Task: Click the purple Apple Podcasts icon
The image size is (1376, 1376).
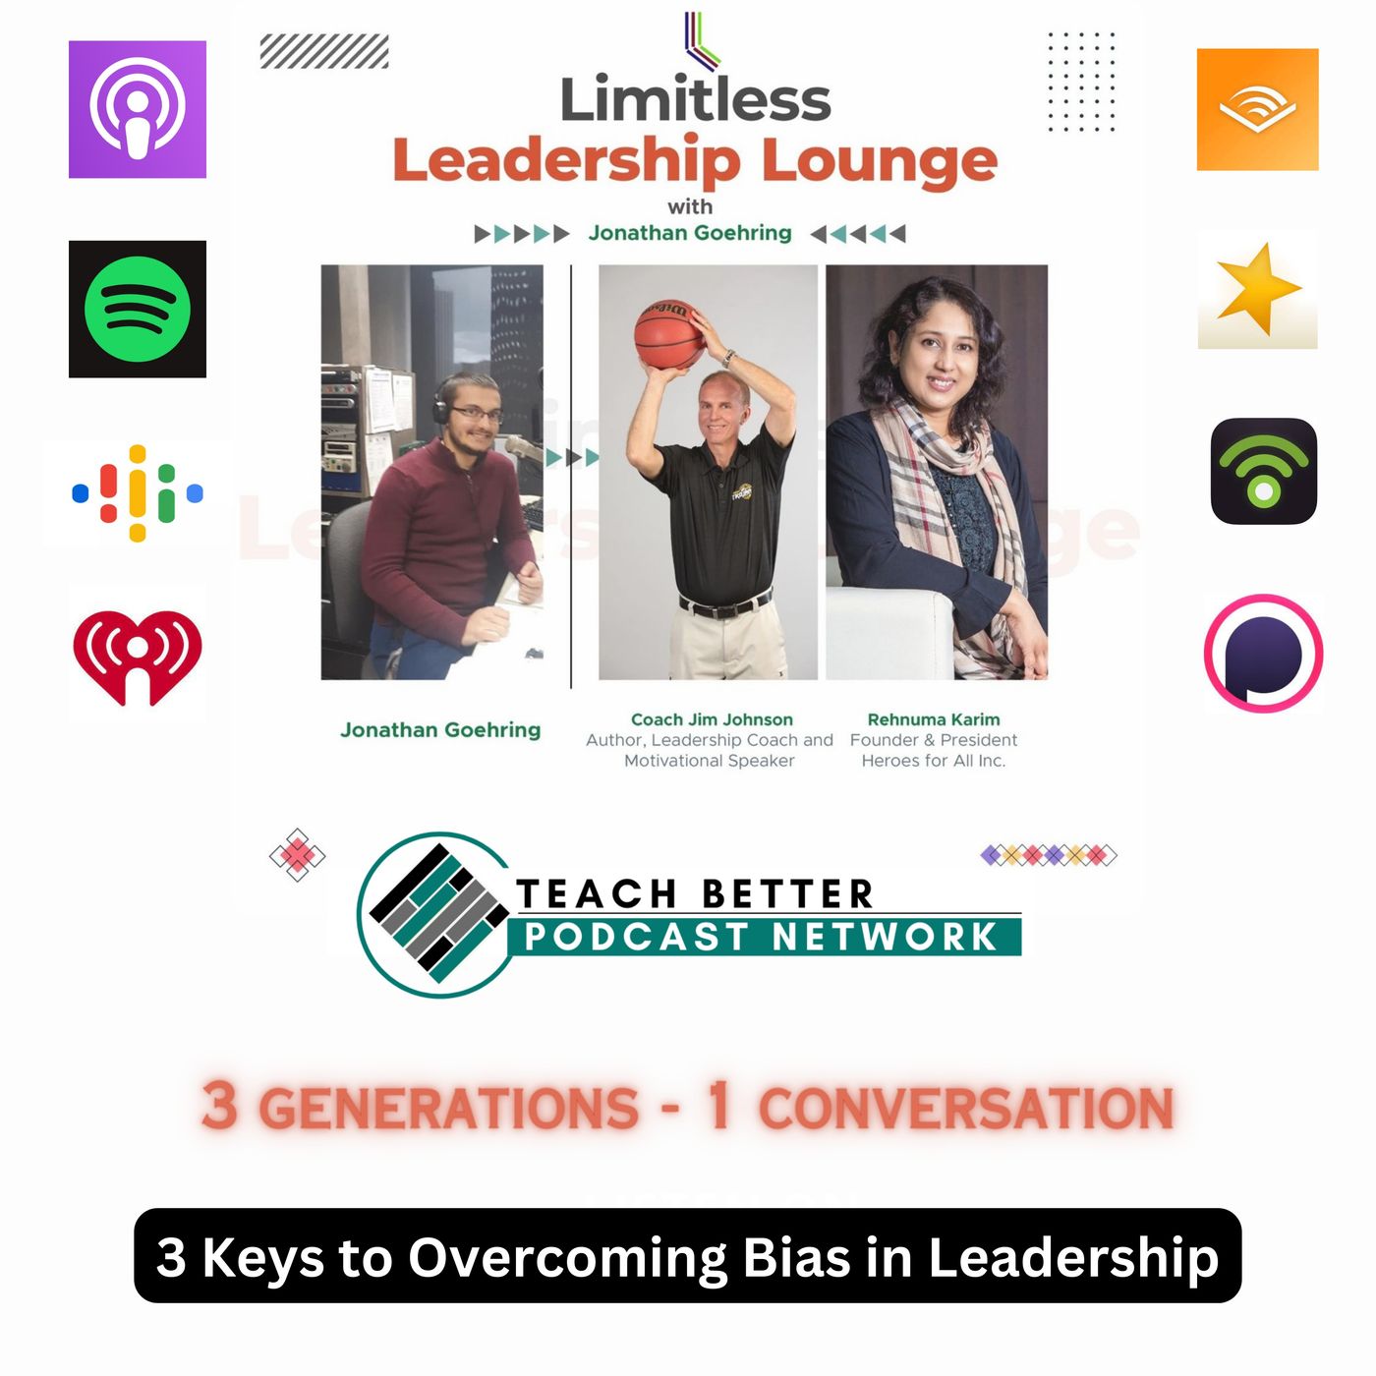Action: (x=138, y=109)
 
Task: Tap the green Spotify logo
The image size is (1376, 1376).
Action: (x=138, y=310)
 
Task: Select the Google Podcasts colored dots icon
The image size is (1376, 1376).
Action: (x=138, y=492)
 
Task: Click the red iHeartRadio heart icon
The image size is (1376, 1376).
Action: (x=138, y=656)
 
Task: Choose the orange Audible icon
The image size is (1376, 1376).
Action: (x=1257, y=109)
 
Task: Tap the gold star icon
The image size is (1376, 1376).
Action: (x=1257, y=289)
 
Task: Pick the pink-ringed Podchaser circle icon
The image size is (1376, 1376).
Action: (x=1263, y=653)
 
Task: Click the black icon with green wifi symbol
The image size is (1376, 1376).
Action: (x=1263, y=471)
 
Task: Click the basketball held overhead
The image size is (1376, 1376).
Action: (x=668, y=334)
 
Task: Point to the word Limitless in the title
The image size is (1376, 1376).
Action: (x=696, y=100)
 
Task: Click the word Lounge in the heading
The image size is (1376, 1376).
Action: (x=880, y=161)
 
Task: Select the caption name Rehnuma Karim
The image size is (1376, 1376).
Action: (x=934, y=719)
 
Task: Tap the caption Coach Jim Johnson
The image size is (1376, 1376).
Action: (x=712, y=719)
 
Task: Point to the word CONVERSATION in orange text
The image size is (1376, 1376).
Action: (x=966, y=1108)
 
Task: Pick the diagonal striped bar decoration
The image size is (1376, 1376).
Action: (x=324, y=51)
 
